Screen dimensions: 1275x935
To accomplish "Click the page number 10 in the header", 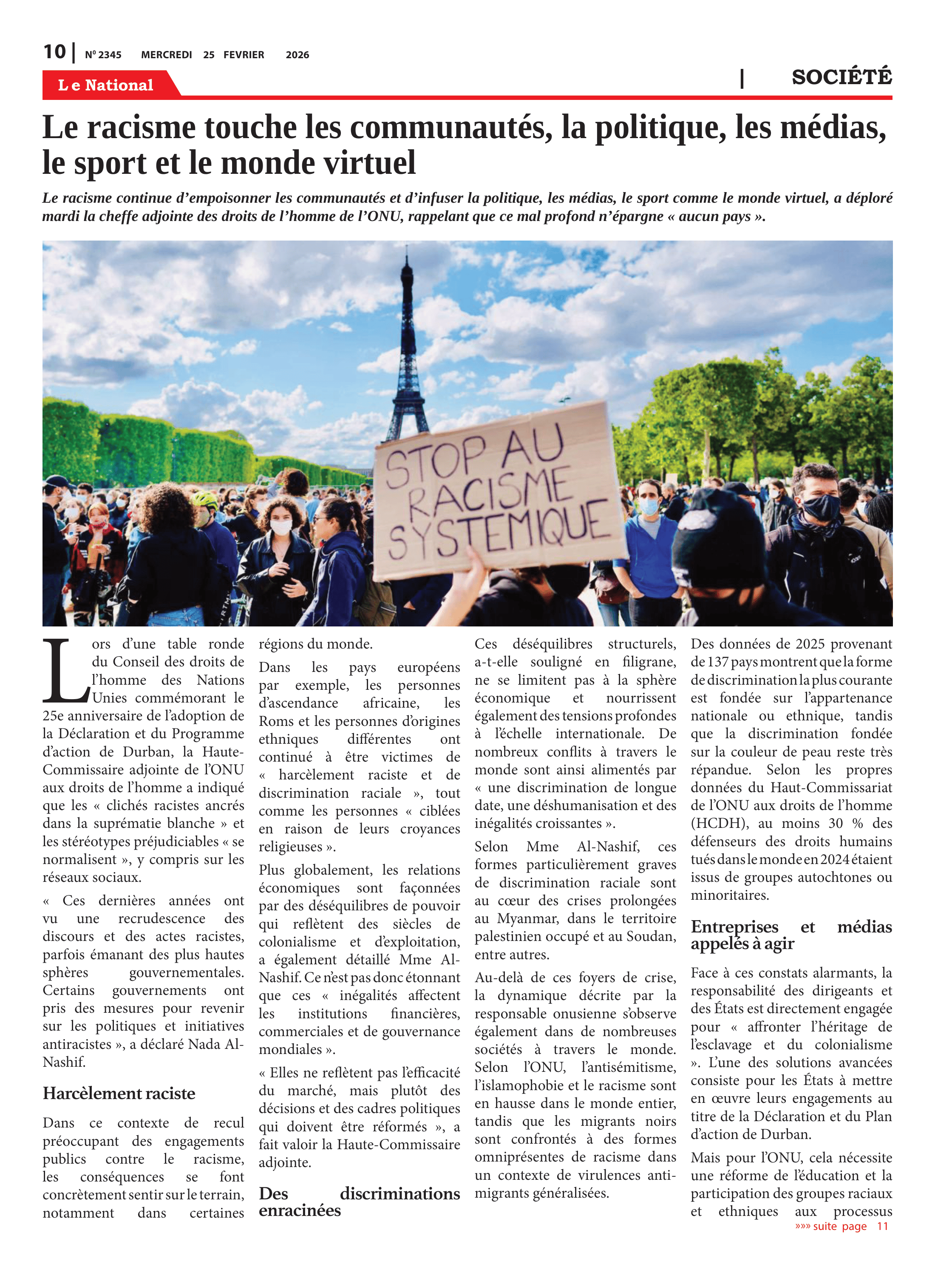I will point(54,52).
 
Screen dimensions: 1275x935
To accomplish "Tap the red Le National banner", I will point(106,85).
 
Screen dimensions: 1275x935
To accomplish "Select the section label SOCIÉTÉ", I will point(841,77).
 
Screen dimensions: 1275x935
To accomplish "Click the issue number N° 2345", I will point(103,55).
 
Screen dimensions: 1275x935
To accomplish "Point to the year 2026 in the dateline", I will point(297,55).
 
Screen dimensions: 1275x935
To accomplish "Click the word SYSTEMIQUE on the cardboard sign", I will point(498,529).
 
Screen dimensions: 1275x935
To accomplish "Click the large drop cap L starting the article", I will point(65,670).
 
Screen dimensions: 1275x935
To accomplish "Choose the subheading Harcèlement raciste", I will point(119,1093).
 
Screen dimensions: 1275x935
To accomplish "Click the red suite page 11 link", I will point(841,1226).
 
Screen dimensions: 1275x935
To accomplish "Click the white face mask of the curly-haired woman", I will point(281,527).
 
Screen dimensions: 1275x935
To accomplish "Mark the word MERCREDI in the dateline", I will point(167,55).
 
